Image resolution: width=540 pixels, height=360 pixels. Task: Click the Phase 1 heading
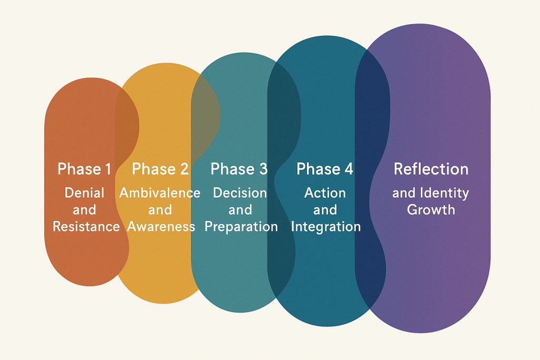point(84,169)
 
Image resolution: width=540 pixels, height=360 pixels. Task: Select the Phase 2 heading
point(160,169)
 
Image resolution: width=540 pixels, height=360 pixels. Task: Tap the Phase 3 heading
point(239,169)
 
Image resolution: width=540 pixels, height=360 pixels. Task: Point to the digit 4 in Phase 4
point(348,169)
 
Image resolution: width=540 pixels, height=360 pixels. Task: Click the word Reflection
point(431,169)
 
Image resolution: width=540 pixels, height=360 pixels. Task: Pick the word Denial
point(84,193)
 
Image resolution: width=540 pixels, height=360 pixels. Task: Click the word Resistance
point(86,227)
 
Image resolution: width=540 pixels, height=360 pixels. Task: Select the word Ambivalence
point(160,193)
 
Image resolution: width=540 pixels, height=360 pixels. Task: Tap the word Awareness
point(161,227)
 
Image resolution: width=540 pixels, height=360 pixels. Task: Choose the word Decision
point(240,193)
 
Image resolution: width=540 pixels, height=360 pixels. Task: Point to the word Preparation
point(241,227)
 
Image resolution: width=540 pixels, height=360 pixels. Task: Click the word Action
point(325,193)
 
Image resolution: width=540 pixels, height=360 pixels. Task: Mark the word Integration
point(326,227)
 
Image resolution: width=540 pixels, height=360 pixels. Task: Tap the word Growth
point(431,210)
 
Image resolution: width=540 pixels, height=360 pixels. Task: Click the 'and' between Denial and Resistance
point(84,210)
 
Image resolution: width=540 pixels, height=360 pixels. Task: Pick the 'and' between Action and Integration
point(325,210)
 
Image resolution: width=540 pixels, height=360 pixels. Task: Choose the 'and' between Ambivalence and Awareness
point(160,210)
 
